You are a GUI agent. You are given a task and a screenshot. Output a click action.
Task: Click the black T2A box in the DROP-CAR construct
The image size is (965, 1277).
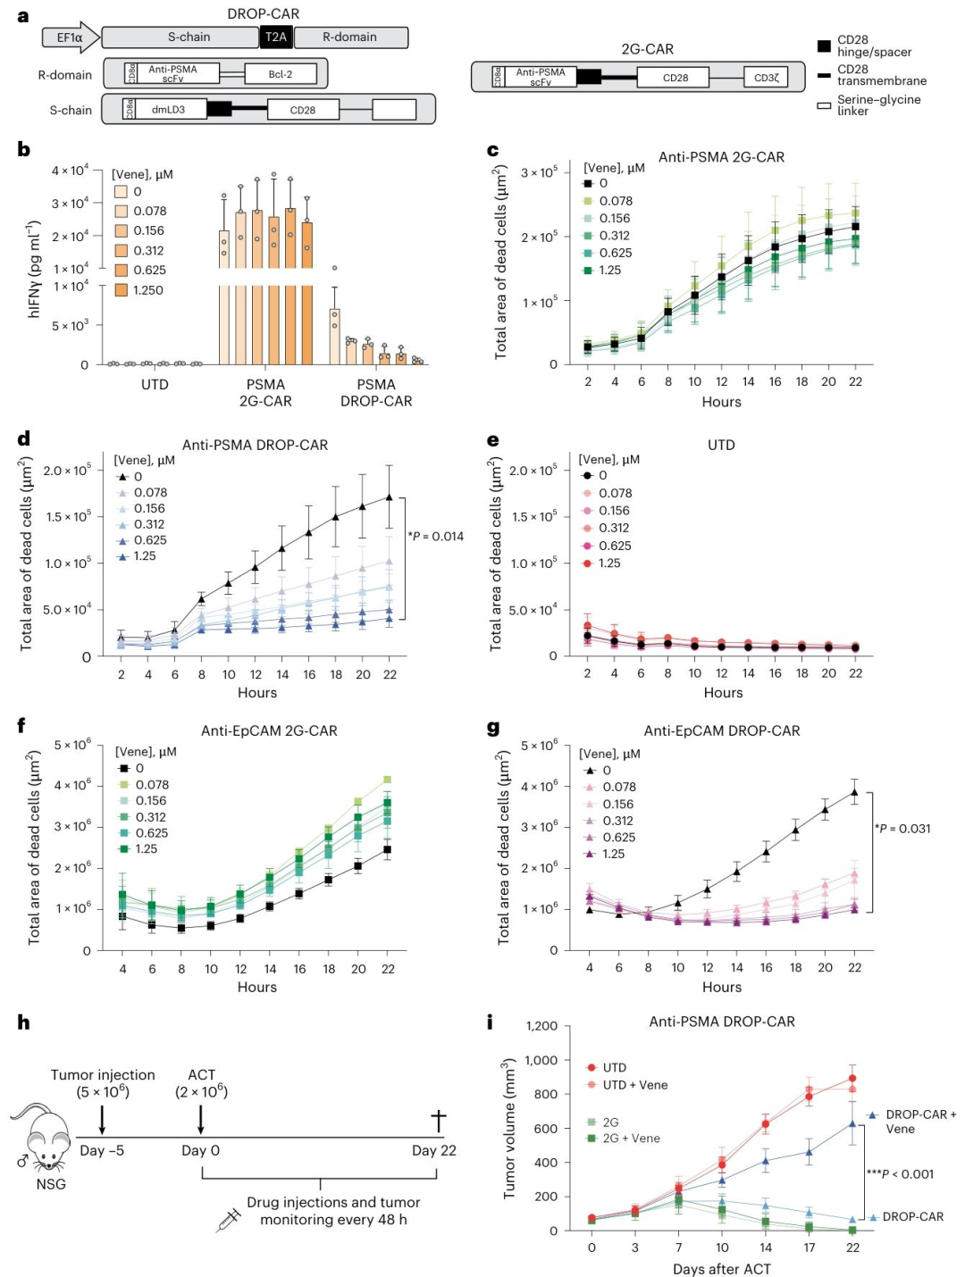coord(276,38)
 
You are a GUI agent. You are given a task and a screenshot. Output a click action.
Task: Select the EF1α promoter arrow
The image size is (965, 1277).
coord(71,38)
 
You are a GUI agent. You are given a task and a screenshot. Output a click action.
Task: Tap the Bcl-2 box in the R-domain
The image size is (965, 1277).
coord(281,74)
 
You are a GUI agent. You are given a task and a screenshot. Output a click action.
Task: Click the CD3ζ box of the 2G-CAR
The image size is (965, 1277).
coord(766,78)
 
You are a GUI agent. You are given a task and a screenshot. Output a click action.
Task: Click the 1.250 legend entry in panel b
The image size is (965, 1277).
coord(139,290)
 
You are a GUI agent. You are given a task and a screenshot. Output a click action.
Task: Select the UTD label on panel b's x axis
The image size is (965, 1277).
coord(155,385)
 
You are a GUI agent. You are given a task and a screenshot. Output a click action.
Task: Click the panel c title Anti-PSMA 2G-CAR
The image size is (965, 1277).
coord(721,157)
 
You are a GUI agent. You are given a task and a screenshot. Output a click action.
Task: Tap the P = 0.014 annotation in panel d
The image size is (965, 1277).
coord(436,537)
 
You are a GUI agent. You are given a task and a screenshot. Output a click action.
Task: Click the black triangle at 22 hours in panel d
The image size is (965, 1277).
coord(390,497)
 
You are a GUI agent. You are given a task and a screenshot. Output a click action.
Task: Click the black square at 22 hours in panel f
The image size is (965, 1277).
coord(387,849)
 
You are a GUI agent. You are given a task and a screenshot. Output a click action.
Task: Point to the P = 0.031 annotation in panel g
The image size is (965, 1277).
coord(902,829)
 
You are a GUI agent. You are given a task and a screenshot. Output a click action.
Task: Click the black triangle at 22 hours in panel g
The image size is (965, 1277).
coord(854,792)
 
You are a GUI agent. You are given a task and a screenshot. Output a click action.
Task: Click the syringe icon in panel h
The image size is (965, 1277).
coord(228,1220)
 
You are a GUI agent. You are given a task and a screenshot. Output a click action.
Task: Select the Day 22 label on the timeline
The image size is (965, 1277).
coord(433,1150)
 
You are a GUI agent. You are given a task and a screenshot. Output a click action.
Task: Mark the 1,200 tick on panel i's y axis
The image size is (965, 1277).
coord(541,1026)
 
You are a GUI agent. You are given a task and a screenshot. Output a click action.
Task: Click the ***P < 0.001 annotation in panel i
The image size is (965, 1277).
coord(900,1174)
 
